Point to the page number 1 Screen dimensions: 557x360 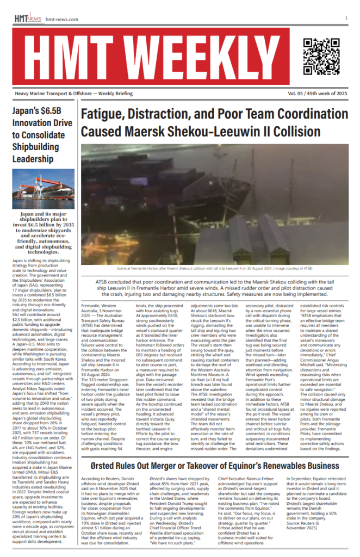click(346, 17)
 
